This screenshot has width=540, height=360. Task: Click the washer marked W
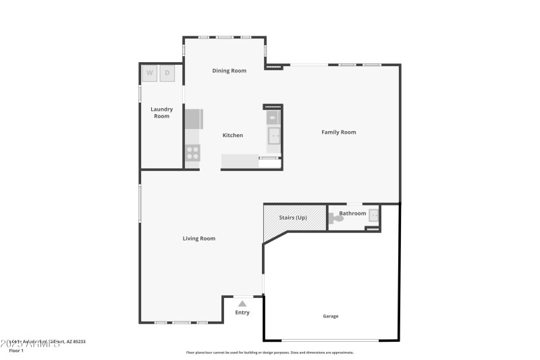[149, 73]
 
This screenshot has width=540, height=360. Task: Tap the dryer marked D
[167, 73]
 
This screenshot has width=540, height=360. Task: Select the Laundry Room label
[161, 113]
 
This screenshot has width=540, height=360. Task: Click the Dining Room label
[229, 70]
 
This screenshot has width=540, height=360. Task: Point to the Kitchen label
[233, 135]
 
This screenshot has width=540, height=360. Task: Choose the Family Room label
[338, 132]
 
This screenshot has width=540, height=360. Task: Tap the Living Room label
[199, 238]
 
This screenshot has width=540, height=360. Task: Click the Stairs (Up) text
[293, 217]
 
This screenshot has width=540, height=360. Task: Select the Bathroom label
[352, 213]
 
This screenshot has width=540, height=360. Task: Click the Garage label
[330, 316]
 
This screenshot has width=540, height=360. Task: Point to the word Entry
[242, 313]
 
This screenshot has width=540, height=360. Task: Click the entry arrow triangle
[242, 304]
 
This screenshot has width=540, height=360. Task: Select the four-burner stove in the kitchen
[193, 153]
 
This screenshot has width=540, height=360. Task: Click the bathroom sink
[373, 216]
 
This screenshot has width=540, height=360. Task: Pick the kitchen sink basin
[275, 136]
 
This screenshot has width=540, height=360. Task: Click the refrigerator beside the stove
[194, 119]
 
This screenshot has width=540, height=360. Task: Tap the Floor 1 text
[16, 351]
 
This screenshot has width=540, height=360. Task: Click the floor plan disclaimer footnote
[269, 352]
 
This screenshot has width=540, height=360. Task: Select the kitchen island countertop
[240, 161]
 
